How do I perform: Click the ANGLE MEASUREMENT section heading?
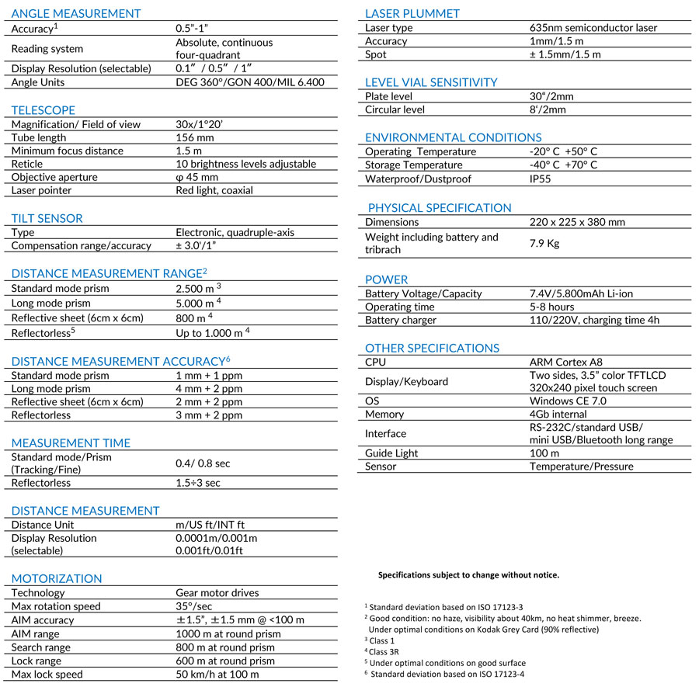pyautogui.click(x=76, y=13)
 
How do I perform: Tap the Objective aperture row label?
pyautogui.click(x=54, y=177)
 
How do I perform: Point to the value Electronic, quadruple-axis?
pyautogui.click(x=235, y=232)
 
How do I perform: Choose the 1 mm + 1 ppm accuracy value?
pyautogui.click(x=209, y=375)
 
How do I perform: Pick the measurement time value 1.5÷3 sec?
pyautogui.click(x=198, y=483)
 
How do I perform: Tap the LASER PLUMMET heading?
pyautogui.click(x=412, y=13)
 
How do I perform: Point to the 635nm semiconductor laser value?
pyautogui.click(x=593, y=28)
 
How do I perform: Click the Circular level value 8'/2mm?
pyautogui.click(x=548, y=109)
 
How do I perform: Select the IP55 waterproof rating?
pyautogui.click(x=542, y=179)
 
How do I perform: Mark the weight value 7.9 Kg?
pyautogui.click(x=544, y=243)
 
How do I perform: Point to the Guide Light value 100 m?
pyautogui.click(x=544, y=453)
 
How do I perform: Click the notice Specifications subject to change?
pyautogui.click(x=468, y=575)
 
